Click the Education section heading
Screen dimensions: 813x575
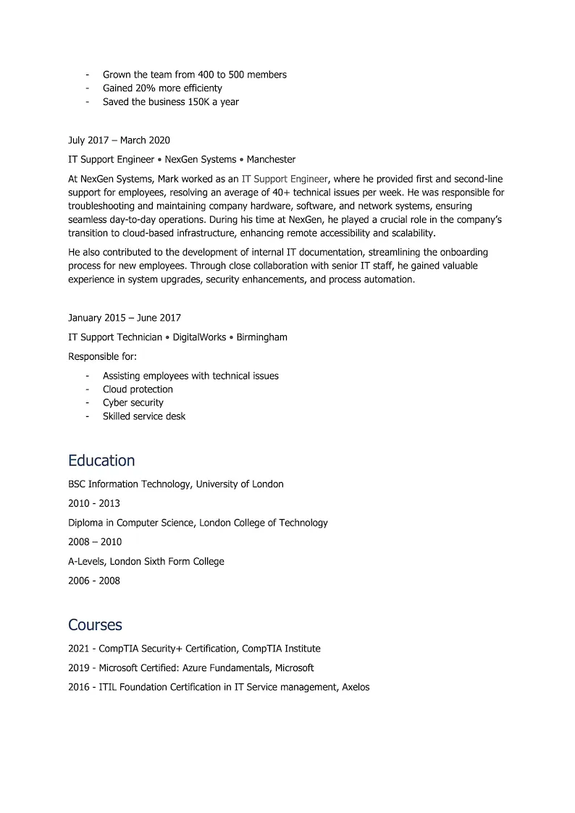pyautogui.click(x=101, y=460)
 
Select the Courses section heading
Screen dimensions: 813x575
pyautogui.click(x=95, y=625)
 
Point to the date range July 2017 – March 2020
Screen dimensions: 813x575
pyautogui.click(x=119, y=140)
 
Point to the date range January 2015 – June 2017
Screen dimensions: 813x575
pyautogui.click(x=125, y=318)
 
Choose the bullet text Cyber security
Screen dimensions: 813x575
pyautogui.click(x=133, y=403)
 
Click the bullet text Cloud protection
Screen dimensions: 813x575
pyautogui.click(x=138, y=389)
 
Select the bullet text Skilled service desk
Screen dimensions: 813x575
pyautogui.click(x=144, y=416)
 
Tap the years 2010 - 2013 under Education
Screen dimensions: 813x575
pyautogui.click(x=94, y=503)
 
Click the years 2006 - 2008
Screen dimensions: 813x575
pyautogui.click(x=94, y=581)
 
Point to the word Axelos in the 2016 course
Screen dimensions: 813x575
pyautogui.click(x=354, y=687)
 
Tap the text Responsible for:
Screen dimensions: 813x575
pyautogui.click(x=102, y=356)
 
